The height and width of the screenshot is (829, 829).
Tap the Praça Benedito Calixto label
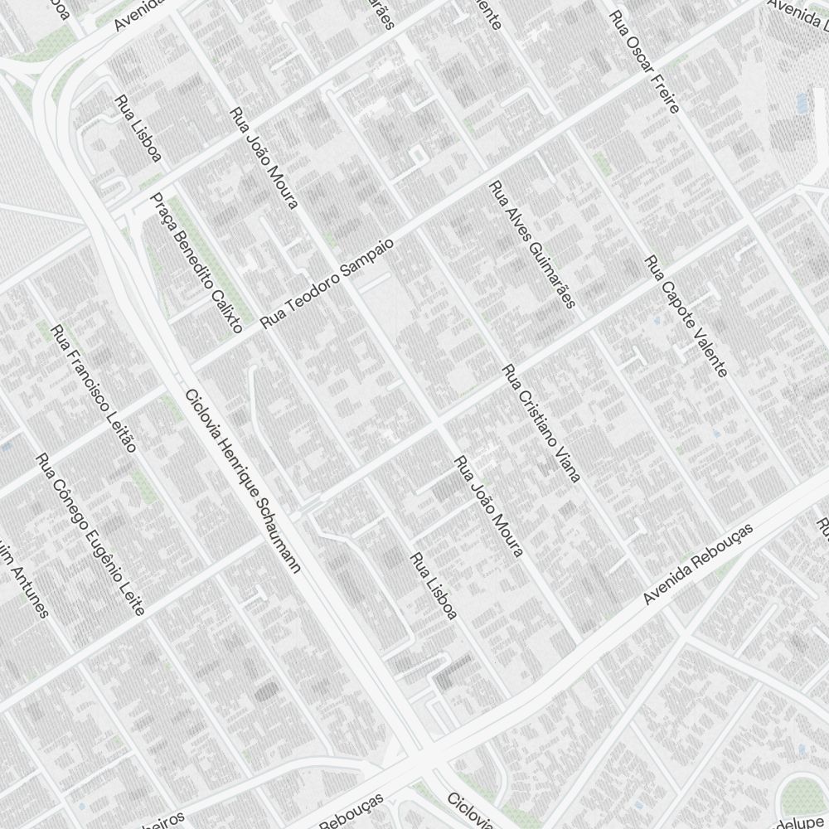tap(196, 263)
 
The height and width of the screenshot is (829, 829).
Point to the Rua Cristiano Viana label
tap(541, 423)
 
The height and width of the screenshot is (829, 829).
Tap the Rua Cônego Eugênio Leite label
tap(90, 535)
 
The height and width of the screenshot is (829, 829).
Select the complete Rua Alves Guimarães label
tap(531, 245)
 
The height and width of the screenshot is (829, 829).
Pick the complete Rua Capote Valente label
tap(687, 317)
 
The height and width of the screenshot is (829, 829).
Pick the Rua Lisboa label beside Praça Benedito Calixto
tap(139, 128)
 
